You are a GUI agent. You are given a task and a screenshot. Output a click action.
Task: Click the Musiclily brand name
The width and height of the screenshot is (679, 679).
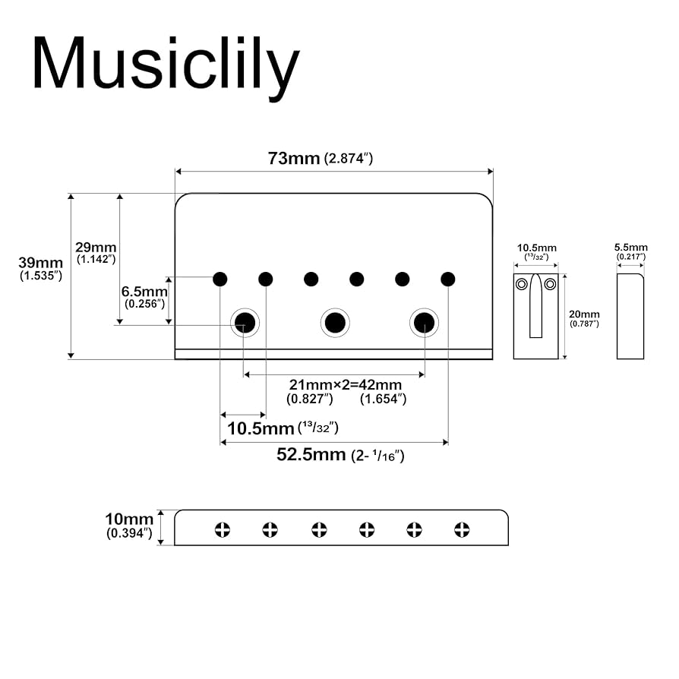(x=165, y=64)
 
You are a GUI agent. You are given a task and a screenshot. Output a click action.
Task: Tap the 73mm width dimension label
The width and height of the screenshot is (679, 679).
(x=293, y=159)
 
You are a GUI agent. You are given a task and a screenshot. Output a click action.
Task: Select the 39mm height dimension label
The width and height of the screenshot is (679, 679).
(x=40, y=263)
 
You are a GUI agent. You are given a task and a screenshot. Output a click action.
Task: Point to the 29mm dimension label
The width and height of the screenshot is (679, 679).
(x=95, y=248)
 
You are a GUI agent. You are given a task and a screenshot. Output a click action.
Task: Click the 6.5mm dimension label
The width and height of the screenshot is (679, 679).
(x=144, y=292)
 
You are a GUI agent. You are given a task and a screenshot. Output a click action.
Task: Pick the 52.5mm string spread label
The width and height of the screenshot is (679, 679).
(x=311, y=455)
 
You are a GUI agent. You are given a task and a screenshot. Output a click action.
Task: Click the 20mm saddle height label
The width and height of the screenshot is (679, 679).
(x=584, y=314)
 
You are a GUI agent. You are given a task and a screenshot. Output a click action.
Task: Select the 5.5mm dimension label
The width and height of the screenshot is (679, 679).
(x=630, y=247)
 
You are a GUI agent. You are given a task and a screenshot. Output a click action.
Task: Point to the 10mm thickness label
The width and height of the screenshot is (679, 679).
(x=129, y=520)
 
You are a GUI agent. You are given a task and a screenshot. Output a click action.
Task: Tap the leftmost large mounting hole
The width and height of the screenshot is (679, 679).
(x=245, y=323)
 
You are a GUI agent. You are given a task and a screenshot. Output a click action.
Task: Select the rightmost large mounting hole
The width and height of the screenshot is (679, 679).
(x=425, y=323)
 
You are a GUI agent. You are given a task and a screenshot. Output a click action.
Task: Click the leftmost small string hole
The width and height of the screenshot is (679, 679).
(x=220, y=279)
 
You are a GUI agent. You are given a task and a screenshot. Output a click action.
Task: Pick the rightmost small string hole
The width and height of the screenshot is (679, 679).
(x=448, y=279)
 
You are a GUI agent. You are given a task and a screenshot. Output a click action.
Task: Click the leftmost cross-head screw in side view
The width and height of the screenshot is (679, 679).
(x=223, y=529)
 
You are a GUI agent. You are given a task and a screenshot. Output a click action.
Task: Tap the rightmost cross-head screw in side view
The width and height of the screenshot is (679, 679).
(x=463, y=529)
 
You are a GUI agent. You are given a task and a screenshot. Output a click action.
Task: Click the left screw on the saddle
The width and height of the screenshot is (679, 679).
(x=522, y=285)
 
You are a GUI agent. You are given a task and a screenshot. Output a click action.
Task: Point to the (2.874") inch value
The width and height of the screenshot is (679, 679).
(x=348, y=159)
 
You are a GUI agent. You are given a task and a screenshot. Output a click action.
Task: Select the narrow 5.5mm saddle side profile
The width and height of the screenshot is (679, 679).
(x=630, y=316)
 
